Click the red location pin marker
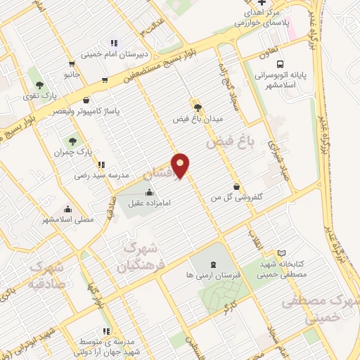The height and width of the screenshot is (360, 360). point(181,165)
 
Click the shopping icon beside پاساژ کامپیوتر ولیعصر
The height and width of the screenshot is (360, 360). point(86,101)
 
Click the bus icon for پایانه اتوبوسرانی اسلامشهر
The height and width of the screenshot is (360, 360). point(262,60)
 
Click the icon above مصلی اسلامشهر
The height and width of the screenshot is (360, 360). point(67,208)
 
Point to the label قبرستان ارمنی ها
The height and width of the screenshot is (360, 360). point(212,276)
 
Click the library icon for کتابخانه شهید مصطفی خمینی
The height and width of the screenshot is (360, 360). point(282,253)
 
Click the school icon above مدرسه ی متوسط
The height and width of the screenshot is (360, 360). point(105,331)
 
